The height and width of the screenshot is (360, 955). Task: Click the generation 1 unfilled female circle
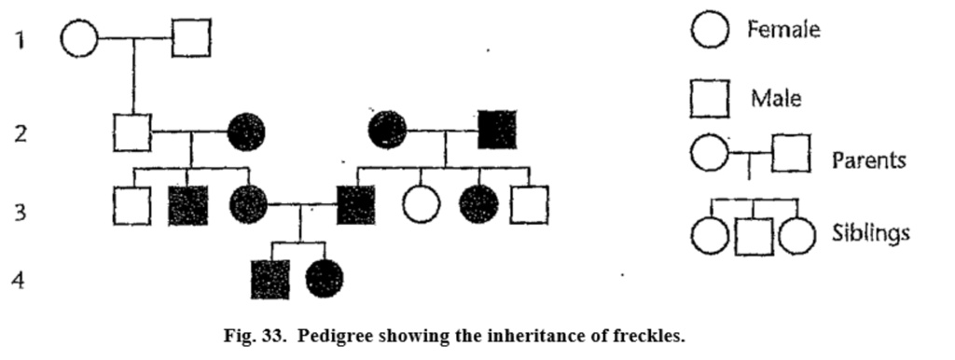[x=79, y=38]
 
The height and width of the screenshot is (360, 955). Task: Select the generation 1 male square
[x=191, y=38]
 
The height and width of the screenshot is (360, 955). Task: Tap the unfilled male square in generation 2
[x=131, y=132]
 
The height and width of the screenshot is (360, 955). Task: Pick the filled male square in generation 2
[x=497, y=130]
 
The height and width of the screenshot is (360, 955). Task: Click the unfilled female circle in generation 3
[x=421, y=204]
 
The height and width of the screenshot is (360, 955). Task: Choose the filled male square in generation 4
[x=270, y=279]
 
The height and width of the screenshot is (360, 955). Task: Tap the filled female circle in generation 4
[x=325, y=278]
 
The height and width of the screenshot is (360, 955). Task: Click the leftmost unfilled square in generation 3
[x=131, y=205]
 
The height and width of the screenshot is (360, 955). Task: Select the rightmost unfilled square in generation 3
[x=530, y=204]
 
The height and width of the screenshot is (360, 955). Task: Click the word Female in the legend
[x=783, y=30]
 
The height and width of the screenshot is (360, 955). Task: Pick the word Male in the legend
[x=776, y=96]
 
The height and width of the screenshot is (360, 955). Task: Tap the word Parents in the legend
[x=868, y=159]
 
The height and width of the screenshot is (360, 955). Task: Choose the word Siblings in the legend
[x=870, y=232]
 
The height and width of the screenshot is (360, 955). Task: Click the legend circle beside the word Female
[x=710, y=31]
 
